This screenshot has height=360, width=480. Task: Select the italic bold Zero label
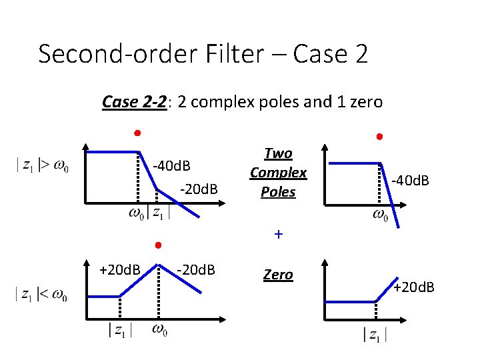[278, 275]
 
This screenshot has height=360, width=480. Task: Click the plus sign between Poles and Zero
[278, 235]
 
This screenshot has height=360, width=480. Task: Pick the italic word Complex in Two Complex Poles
[278, 173]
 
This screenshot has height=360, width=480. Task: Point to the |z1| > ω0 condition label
[41, 165]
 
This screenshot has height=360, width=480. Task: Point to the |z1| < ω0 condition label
[41, 294]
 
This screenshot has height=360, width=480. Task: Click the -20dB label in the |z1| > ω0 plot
[199, 191]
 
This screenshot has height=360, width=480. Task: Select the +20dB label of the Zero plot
[413, 287]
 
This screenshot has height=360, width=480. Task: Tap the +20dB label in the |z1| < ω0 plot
[119, 270]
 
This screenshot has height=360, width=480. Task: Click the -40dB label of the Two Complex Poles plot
[409, 180]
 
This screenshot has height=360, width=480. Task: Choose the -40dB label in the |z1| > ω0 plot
[172, 165]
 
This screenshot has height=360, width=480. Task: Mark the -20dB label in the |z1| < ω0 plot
[195, 270]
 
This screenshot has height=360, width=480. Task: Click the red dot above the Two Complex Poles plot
[378, 137]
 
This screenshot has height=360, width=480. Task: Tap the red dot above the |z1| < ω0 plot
[157, 245]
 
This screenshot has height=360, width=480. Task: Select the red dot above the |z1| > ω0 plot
[137, 132]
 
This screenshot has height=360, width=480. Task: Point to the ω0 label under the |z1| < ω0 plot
[160, 329]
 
